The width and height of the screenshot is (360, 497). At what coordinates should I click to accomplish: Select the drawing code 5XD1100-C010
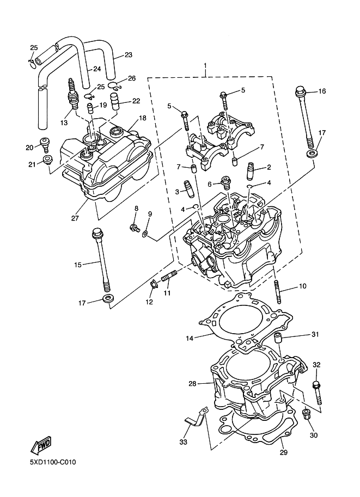53,462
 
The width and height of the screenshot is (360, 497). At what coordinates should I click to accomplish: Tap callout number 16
322,91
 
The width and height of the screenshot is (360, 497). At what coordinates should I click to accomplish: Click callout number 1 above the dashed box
205,66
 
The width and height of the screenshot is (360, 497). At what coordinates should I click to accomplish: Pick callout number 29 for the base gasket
284,452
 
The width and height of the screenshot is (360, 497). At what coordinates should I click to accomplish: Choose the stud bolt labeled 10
278,292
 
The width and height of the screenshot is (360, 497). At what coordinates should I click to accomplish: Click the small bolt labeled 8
135,227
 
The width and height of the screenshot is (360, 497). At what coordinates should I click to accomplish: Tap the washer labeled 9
145,235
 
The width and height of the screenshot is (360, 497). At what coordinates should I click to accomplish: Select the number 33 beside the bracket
184,442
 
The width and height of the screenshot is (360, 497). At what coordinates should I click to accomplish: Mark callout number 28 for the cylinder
193,384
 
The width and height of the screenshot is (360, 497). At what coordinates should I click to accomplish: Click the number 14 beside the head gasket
190,339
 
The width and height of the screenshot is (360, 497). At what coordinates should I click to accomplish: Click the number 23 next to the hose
128,55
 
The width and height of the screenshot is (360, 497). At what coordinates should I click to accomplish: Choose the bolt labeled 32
317,392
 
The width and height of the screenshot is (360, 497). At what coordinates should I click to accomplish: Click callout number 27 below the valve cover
75,218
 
